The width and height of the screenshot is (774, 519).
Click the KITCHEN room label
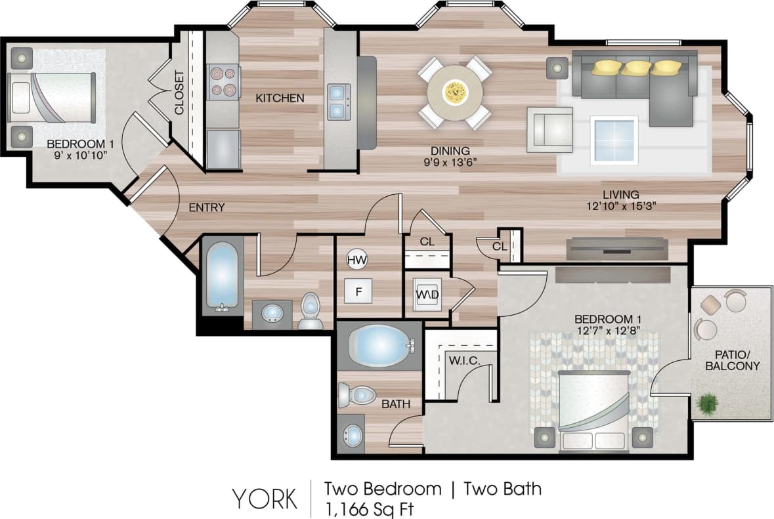pyautogui.click(x=280, y=98)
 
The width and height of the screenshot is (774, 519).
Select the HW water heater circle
pyautogui.click(x=356, y=259)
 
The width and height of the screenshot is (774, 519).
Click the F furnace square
pyautogui.click(x=358, y=291)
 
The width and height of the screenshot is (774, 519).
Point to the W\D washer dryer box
pyautogui.click(x=427, y=293)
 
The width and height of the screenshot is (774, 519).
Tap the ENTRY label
pyautogui.click(x=207, y=207)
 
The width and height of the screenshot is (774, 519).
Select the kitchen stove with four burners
pyautogui.click(x=223, y=82)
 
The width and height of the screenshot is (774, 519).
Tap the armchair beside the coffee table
pyautogui.click(x=549, y=129)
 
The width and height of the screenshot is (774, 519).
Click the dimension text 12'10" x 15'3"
pyautogui.click(x=621, y=205)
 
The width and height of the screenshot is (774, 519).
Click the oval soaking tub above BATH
pyautogui.click(x=378, y=345)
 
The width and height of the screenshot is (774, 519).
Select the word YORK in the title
pyautogui.click(x=263, y=499)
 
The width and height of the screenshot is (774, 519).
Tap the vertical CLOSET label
pyautogui.click(x=179, y=92)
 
